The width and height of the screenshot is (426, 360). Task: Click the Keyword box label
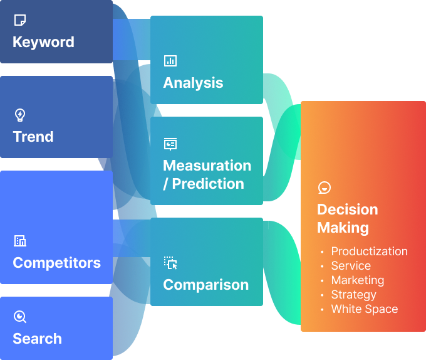coord(43,42)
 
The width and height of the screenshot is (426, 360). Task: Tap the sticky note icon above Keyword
coord(20,21)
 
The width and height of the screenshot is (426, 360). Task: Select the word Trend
coord(33,137)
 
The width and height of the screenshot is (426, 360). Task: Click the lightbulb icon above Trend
coord(20,115)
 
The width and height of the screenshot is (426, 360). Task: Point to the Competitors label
coord(56,262)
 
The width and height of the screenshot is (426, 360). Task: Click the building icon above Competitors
coord(20,241)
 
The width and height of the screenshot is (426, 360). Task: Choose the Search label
coord(37,339)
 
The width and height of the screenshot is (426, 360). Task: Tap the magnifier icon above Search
coord(20,317)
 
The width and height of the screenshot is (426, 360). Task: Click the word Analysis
coord(193,83)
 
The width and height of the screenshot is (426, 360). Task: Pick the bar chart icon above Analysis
coord(170,61)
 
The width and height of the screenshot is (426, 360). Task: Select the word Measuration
coord(207,166)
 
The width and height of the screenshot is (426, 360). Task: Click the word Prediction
coord(208,184)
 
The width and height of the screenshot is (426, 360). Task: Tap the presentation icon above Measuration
coord(170,144)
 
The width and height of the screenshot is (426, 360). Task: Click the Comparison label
coord(205,285)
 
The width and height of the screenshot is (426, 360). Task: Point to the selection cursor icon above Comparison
coord(170,263)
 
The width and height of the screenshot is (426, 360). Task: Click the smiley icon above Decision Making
coord(324,188)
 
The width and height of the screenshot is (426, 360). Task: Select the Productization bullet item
coord(369,251)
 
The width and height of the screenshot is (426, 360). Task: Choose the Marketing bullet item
coord(357,280)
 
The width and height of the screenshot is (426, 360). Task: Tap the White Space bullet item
coord(364,309)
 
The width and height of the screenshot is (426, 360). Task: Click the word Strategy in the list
coord(353,295)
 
